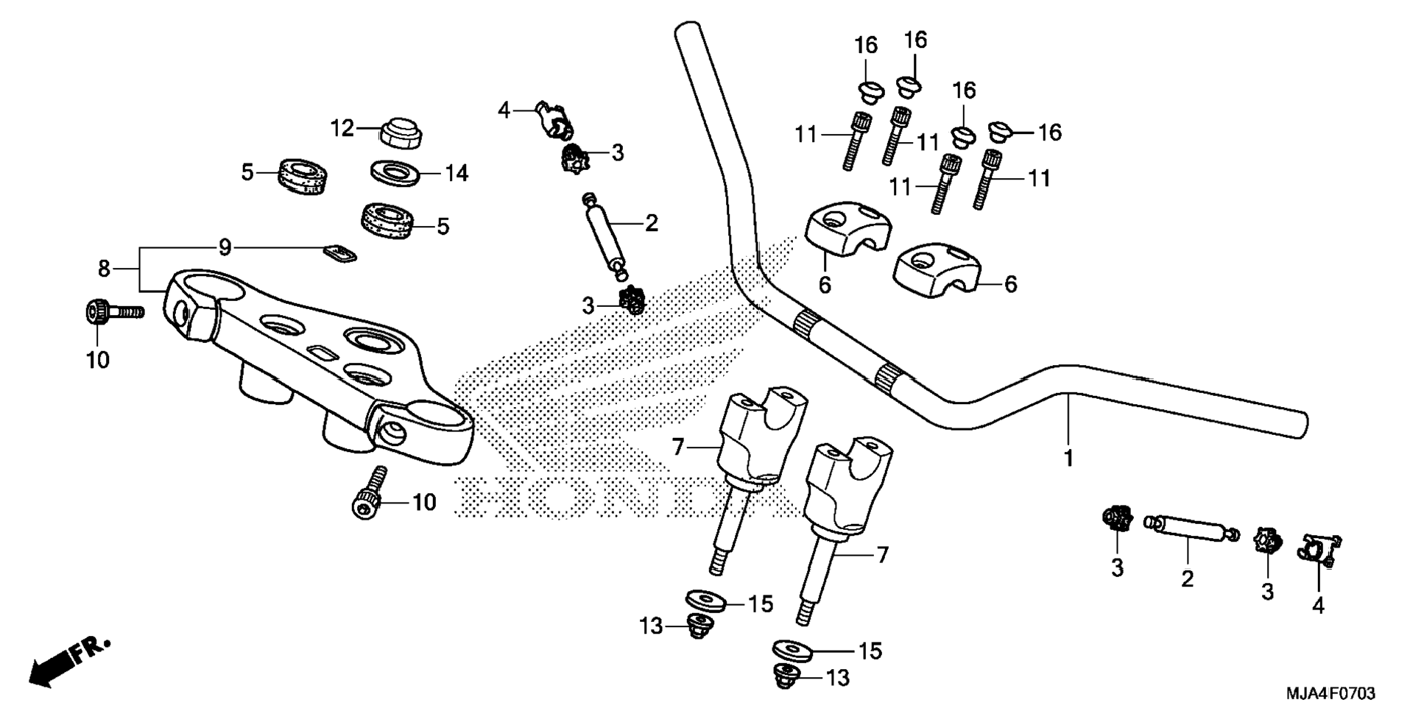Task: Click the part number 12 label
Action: coord(342,129)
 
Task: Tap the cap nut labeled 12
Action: coord(401,132)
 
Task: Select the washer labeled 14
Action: coord(395,174)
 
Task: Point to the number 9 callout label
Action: coord(225,247)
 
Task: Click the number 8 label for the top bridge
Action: coord(104,269)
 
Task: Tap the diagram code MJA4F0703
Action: coord(1330,693)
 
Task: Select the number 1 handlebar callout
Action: coord(1068,458)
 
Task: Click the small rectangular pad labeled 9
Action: coord(340,254)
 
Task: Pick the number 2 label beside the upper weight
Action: coord(651,223)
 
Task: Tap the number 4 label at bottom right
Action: coord(1319,605)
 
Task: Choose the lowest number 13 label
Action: coord(838,677)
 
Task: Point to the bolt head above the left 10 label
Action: coord(98,312)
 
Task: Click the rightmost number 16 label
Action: coord(1049,132)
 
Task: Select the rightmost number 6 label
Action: coord(1010,284)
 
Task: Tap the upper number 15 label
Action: coord(761,604)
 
